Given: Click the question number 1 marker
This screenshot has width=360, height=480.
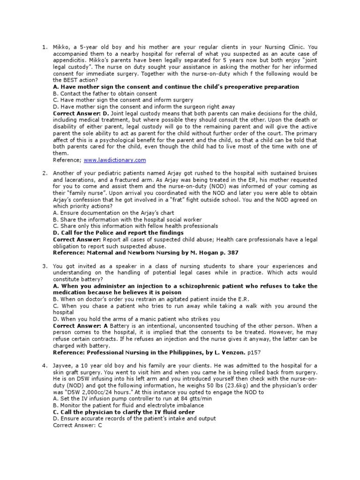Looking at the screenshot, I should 45,47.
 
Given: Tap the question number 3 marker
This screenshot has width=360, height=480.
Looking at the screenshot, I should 45,266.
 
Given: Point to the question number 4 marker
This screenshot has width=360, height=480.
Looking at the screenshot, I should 45,366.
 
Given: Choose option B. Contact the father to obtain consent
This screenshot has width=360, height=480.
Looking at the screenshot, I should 105,93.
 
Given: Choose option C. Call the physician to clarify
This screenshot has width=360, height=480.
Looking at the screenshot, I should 124,412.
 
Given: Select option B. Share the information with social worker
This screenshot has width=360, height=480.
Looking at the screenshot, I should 127,219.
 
